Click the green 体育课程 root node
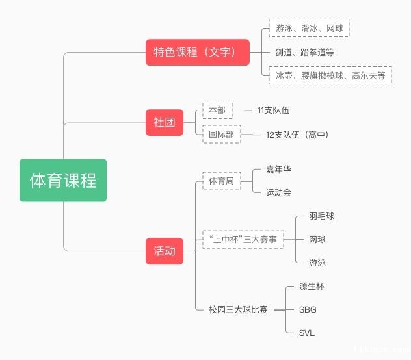point(63,180)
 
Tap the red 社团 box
point(165,122)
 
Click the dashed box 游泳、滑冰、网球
point(308,29)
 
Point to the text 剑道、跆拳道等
point(304,52)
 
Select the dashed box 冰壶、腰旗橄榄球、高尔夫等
point(330,75)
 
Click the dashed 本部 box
point(217,110)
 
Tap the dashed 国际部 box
point(221,135)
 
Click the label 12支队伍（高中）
point(297,135)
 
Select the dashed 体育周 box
point(221,181)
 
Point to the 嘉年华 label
point(278,169)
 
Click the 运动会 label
point(278,192)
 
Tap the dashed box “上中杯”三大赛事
point(243,239)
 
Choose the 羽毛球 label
point(321,216)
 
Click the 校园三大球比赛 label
point(238,309)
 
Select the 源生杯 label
point(311,286)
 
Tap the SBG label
point(308,309)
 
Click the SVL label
point(307,333)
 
